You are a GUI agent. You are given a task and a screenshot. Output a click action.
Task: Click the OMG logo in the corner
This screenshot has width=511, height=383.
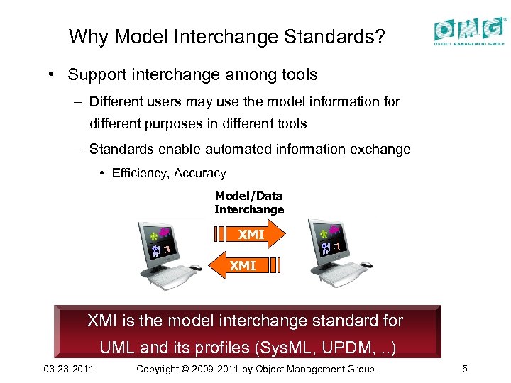click(470, 31)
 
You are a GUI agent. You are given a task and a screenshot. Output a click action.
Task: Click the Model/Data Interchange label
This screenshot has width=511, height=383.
click(249, 202)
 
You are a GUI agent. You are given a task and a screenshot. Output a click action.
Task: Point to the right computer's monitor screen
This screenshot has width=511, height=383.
click(331, 240)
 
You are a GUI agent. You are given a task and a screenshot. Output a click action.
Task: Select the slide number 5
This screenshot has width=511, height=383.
click(464, 370)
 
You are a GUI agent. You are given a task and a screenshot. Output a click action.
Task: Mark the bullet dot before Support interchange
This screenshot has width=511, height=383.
click(53, 74)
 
